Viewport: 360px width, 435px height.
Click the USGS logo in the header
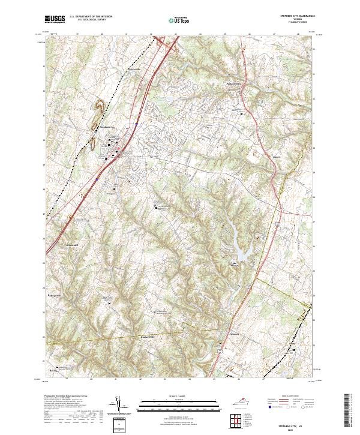[55, 19]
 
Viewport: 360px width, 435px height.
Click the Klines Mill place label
[73, 245]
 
